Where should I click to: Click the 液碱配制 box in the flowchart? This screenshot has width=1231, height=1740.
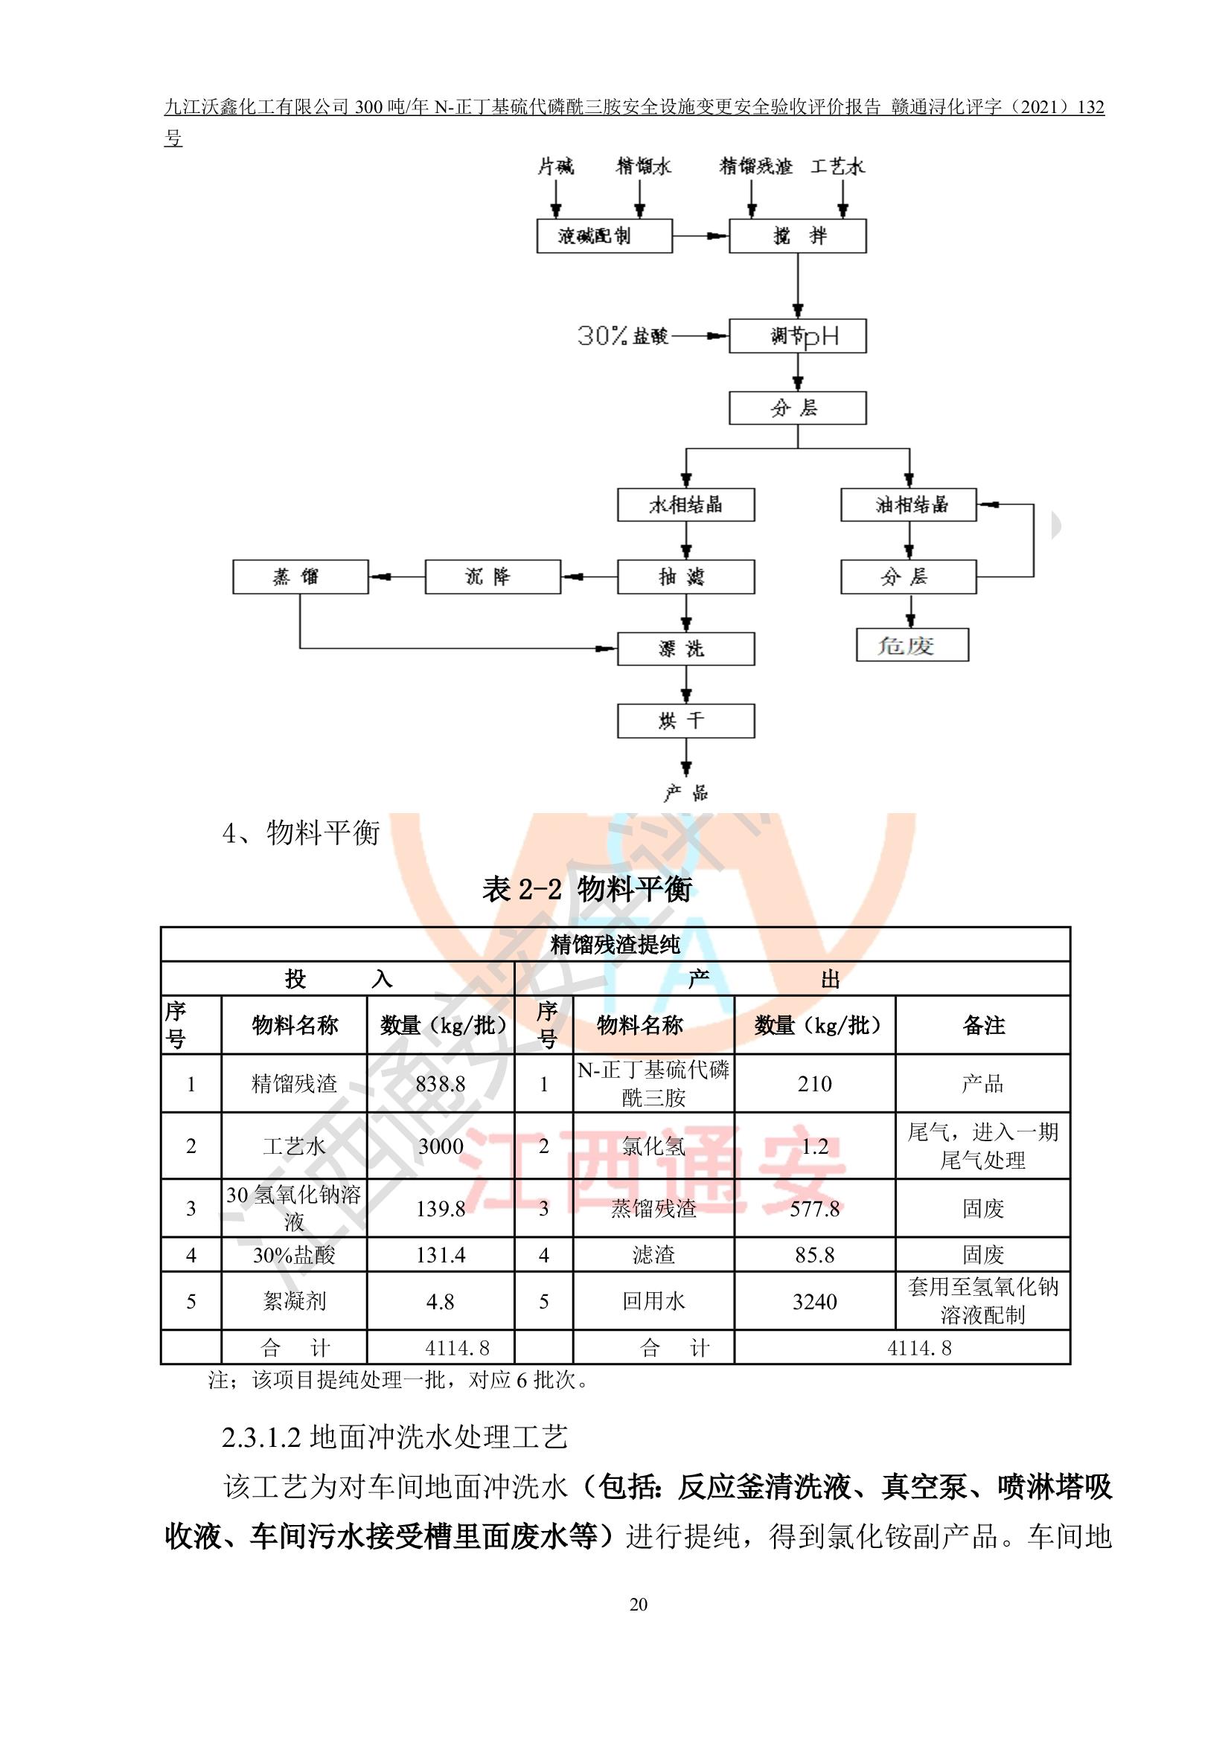click(604, 236)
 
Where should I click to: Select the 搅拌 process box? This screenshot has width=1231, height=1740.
click(797, 236)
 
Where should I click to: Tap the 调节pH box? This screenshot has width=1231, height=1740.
click(797, 336)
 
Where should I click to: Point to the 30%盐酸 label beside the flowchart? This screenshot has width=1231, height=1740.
click(623, 336)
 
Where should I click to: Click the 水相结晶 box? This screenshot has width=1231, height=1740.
click(686, 504)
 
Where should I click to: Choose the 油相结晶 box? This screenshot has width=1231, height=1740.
click(909, 504)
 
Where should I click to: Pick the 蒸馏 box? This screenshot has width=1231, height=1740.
click(300, 577)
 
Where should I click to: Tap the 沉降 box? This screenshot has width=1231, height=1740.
click(493, 577)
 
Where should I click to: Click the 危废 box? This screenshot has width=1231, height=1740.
click(912, 645)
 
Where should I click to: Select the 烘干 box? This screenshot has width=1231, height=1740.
click(686, 721)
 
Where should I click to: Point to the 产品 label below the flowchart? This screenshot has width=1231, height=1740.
click(686, 794)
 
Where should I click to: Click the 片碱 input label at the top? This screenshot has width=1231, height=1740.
click(557, 167)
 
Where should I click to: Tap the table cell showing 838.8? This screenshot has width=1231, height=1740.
click(441, 1084)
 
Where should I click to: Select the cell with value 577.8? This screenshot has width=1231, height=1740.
click(815, 1208)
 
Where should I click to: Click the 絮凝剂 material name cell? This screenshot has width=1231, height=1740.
click(294, 1301)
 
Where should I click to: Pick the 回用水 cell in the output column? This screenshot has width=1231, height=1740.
click(653, 1301)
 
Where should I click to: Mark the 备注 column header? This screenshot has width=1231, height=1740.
click(983, 1025)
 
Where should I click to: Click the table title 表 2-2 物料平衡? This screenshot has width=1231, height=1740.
click(586, 889)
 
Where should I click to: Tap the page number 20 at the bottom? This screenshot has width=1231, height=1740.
click(639, 1605)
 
